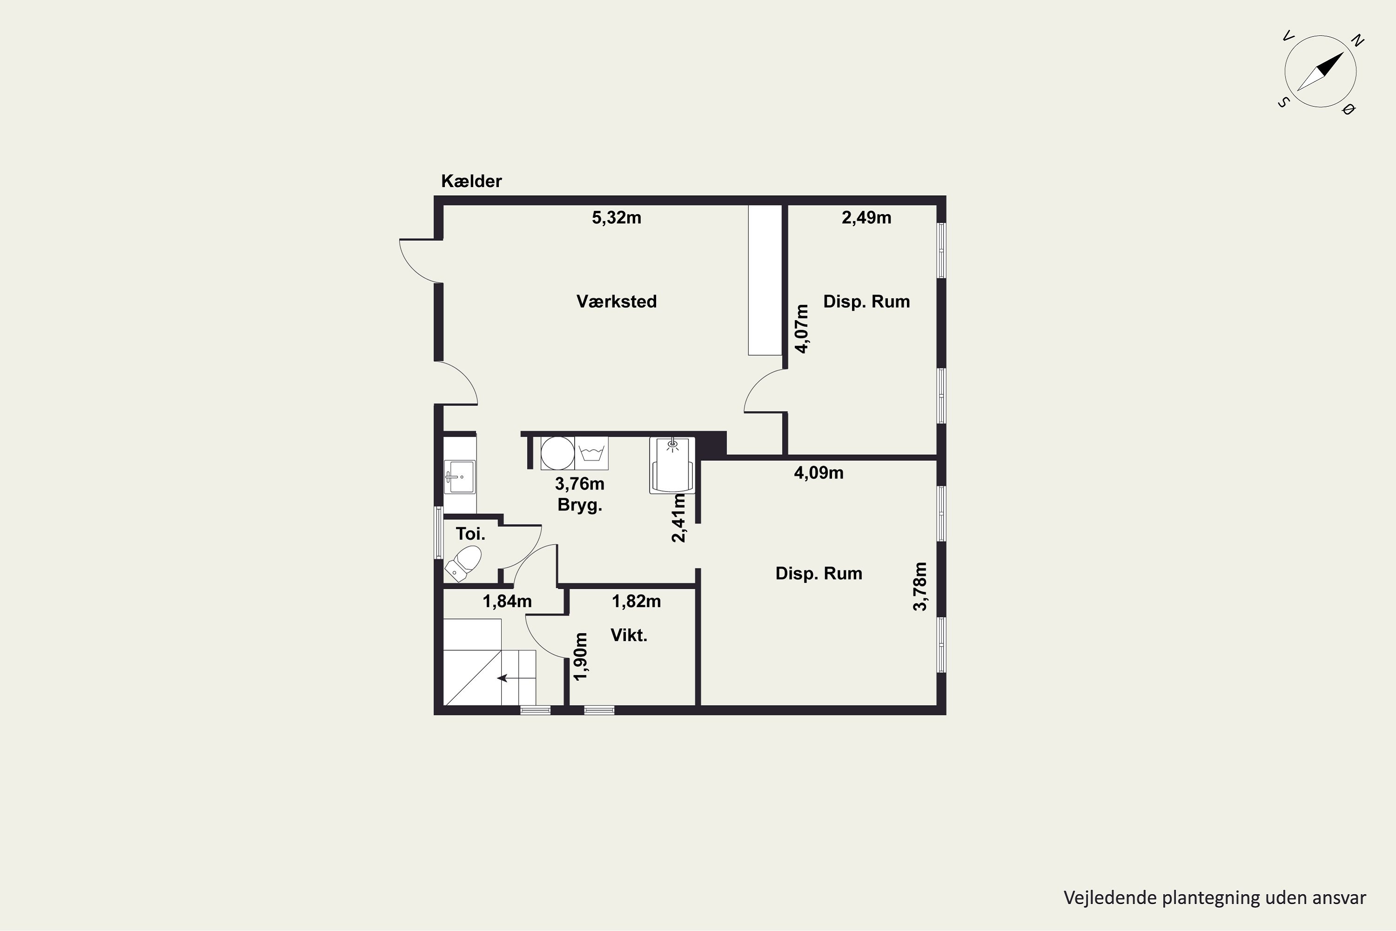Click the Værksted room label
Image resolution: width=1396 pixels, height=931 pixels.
[x=616, y=302]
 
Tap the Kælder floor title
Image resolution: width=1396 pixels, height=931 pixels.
[x=471, y=181]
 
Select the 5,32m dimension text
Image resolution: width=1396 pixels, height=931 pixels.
[x=616, y=218]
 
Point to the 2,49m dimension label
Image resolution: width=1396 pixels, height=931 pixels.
[x=866, y=218]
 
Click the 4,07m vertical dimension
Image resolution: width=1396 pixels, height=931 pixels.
[x=802, y=329]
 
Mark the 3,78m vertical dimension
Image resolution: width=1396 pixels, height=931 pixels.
[x=920, y=587]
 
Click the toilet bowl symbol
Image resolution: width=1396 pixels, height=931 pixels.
[x=463, y=563]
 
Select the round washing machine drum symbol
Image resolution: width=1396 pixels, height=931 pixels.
[x=557, y=453]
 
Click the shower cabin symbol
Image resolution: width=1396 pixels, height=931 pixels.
[x=672, y=465]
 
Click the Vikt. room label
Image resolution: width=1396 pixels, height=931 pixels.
[x=629, y=635]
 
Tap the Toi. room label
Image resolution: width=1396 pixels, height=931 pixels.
[x=470, y=534]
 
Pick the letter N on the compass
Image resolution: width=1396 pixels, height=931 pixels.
[x=1357, y=41]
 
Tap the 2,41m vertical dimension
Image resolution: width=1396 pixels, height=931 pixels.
[x=678, y=519]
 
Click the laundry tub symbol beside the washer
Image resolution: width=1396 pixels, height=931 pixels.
[x=591, y=453]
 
